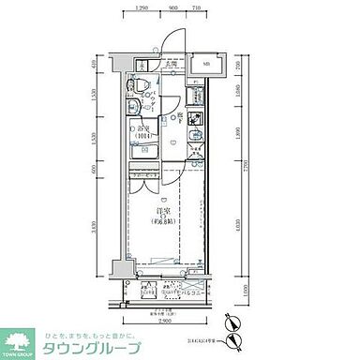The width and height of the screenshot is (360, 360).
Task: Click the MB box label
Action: point(205,65)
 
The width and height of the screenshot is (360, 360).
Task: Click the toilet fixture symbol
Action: point(142,85)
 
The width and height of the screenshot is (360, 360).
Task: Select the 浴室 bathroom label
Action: point(143,129)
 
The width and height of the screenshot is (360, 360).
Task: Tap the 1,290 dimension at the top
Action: point(142,7)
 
